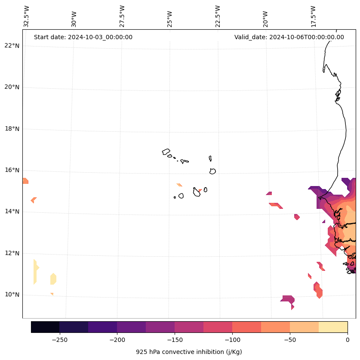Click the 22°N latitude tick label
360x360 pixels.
click(x=12, y=46)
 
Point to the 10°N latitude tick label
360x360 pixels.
click(x=12, y=295)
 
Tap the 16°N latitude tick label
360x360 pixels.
click(x=12, y=170)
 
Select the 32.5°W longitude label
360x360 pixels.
click(x=27, y=16)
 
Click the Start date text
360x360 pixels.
click(x=83, y=37)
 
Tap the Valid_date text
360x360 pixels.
click(x=289, y=37)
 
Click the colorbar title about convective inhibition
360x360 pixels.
click(x=189, y=352)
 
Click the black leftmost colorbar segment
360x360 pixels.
click(x=45, y=327)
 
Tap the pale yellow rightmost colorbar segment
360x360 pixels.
click(x=333, y=327)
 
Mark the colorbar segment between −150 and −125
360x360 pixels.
click(x=189, y=327)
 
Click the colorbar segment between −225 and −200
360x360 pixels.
click(x=102, y=327)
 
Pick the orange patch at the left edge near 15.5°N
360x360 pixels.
click(x=25, y=181)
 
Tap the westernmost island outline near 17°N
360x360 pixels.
click(x=166, y=152)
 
